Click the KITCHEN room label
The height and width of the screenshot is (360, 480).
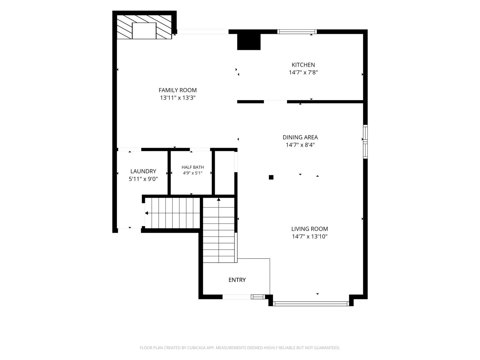click(x=303, y=65)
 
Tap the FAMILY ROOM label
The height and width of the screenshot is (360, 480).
click(x=178, y=90)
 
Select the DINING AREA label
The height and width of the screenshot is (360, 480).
click(x=300, y=137)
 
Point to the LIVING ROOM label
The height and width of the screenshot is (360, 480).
click(x=309, y=229)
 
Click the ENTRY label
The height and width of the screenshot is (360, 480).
click(x=237, y=280)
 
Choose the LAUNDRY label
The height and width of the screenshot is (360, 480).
click(x=143, y=171)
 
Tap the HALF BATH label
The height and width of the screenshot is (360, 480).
click(x=193, y=167)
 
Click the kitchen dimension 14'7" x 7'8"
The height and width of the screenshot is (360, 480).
click(x=303, y=72)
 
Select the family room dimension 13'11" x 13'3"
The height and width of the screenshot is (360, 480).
click(x=178, y=98)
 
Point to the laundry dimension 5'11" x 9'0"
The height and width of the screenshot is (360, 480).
click(x=143, y=179)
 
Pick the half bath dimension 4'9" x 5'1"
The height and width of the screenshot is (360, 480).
click(x=193, y=173)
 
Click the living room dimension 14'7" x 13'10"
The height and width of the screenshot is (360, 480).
click(x=309, y=237)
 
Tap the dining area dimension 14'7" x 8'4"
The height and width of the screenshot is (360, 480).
click(x=300, y=145)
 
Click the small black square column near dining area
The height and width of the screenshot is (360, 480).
click(x=271, y=177)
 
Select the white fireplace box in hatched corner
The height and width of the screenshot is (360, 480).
click(x=144, y=31)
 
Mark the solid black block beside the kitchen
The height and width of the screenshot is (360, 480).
click(x=249, y=42)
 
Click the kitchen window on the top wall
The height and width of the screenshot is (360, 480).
click(x=297, y=32)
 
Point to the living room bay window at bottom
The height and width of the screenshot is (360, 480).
click(x=311, y=304)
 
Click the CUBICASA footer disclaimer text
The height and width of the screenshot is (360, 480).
click(x=240, y=348)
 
